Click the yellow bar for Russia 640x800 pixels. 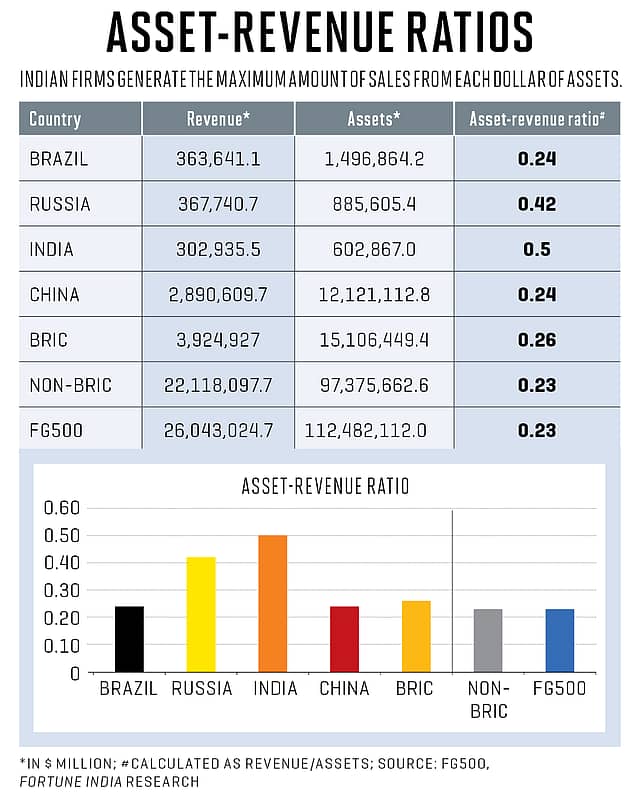[x=201, y=614]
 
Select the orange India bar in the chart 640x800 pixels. [x=272, y=603]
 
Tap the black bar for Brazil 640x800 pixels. [x=129, y=639]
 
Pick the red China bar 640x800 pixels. [x=344, y=639]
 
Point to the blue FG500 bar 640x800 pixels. [x=560, y=640]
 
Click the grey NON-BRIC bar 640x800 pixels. [x=487, y=640]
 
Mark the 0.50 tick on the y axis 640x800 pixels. [x=61, y=535]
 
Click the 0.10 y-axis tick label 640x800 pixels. [x=61, y=645]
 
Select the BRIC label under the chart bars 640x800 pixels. [x=415, y=689]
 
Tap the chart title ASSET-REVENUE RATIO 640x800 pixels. [x=325, y=487]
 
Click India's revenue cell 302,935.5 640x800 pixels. [x=217, y=250]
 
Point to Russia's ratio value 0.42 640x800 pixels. [x=536, y=204]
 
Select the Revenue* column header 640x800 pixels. [x=217, y=119]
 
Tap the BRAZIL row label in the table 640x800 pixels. [x=61, y=159]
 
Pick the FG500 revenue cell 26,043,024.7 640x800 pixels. [x=217, y=430]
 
